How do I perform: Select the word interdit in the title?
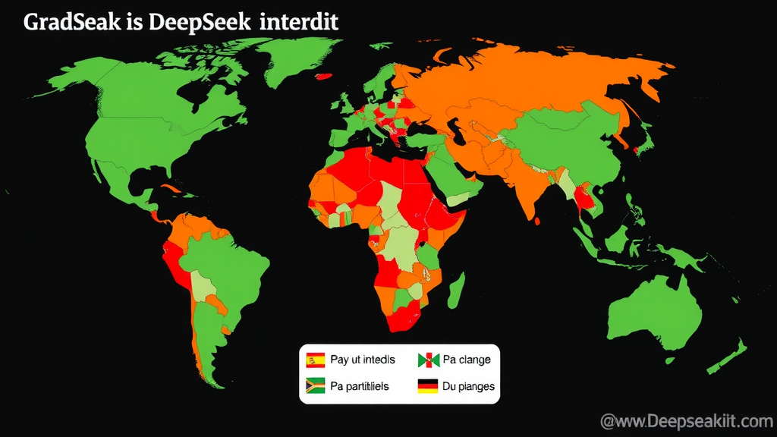(x=298, y=22)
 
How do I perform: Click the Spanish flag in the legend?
(x=315, y=360)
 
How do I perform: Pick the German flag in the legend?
(x=429, y=386)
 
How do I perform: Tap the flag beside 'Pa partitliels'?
(x=315, y=386)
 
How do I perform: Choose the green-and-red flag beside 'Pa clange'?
(x=429, y=360)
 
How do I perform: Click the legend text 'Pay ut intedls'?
(x=363, y=360)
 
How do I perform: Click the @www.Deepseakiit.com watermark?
(x=685, y=420)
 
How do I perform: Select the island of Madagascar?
(x=457, y=292)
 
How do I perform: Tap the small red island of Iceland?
(x=326, y=75)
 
